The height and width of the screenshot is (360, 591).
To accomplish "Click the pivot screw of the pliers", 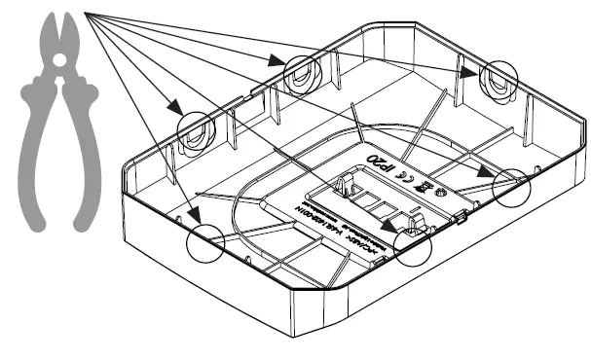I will [x=59, y=61].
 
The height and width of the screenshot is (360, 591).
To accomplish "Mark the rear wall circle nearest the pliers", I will [x=194, y=128].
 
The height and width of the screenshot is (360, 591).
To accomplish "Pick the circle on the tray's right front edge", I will [x=515, y=185].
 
